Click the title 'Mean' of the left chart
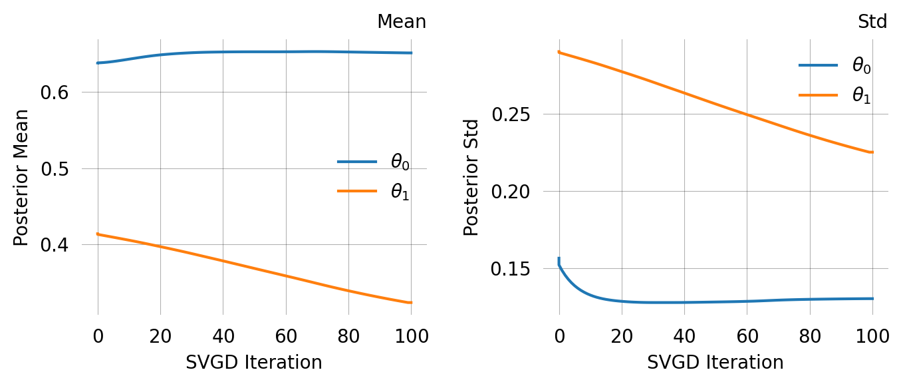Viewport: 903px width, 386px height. [x=401, y=22]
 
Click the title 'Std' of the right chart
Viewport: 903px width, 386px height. [x=872, y=22]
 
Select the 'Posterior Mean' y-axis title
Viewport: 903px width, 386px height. [x=21, y=177]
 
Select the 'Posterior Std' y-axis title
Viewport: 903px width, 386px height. [x=471, y=177]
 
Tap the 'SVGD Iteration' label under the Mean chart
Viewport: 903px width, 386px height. [x=253, y=363]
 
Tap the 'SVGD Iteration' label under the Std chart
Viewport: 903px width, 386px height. [x=715, y=363]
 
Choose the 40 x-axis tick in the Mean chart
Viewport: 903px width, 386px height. [x=223, y=335]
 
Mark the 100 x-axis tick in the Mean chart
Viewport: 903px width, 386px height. [x=411, y=335]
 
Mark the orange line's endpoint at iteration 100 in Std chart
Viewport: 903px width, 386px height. [x=872, y=152]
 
